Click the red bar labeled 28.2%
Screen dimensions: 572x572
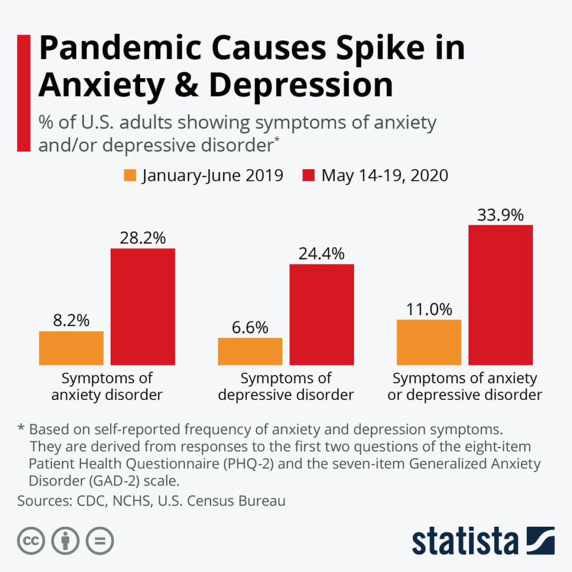(x=143, y=307)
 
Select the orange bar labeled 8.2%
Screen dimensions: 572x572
(x=71, y=348)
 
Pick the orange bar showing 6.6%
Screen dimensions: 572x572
(x=250, y=351)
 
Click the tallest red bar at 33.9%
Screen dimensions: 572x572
(x=500, y=295)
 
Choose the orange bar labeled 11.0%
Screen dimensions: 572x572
(x=429, y=342)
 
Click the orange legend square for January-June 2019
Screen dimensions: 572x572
(x=130, y=175)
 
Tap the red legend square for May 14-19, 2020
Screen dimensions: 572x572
(x=309, y=175)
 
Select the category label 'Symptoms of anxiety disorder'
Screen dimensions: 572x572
(x=107, y=387)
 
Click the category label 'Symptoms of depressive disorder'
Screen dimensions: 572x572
(x=286, y=387)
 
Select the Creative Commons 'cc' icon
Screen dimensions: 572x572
(x=31, y=540)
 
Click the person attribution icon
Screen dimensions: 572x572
(x=65, y=540)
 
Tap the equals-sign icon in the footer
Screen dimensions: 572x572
(x=99, y=540)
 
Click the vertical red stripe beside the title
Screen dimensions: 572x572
(x=23, y=93)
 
